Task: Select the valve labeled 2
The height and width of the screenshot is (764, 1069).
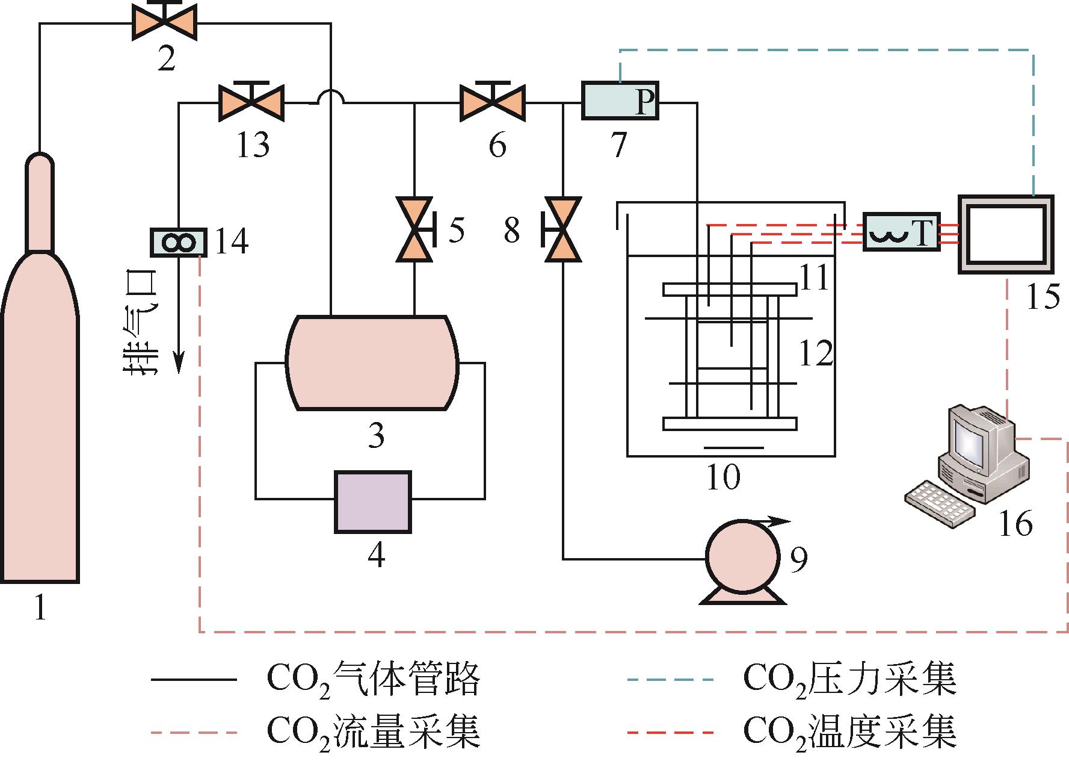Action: pyautogui.click(x=165, y=24)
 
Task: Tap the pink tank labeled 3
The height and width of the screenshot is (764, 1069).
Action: pyautogui.click(x=373, y=362)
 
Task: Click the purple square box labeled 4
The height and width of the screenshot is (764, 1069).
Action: pyautogui.click(x=373, y=502)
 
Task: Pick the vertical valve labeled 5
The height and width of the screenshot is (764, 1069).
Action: pyautogui.click(x=414, y=229)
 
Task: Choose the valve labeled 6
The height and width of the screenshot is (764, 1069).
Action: pyautogui.click(x=492, y=104)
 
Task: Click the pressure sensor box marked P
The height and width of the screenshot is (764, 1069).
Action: pyautogui.click(x=620, y=101)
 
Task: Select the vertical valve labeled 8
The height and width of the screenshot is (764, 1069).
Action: pyautogui.click(x=562, y=229)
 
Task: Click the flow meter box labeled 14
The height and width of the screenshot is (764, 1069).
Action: pyautogui.click(x=178, y=243)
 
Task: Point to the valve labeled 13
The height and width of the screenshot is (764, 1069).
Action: pyautogui.click(x=251, y=104)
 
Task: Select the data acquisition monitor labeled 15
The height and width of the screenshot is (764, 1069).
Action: pyautogui.click(x=1006, y=234)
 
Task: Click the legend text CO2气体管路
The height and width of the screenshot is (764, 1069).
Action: pyautogui.click(x=373, y=680)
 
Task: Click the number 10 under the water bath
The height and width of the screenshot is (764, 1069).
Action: pyautogui.click(x=723, y=477)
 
